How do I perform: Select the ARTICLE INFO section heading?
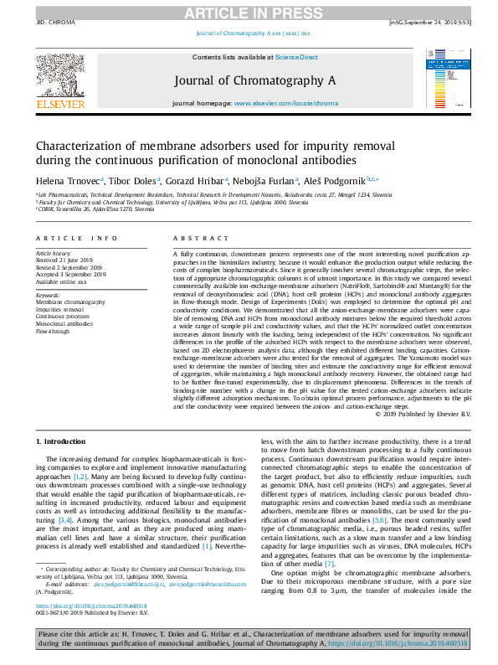pos(76,239)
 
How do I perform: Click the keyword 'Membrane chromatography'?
pos(70,301)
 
